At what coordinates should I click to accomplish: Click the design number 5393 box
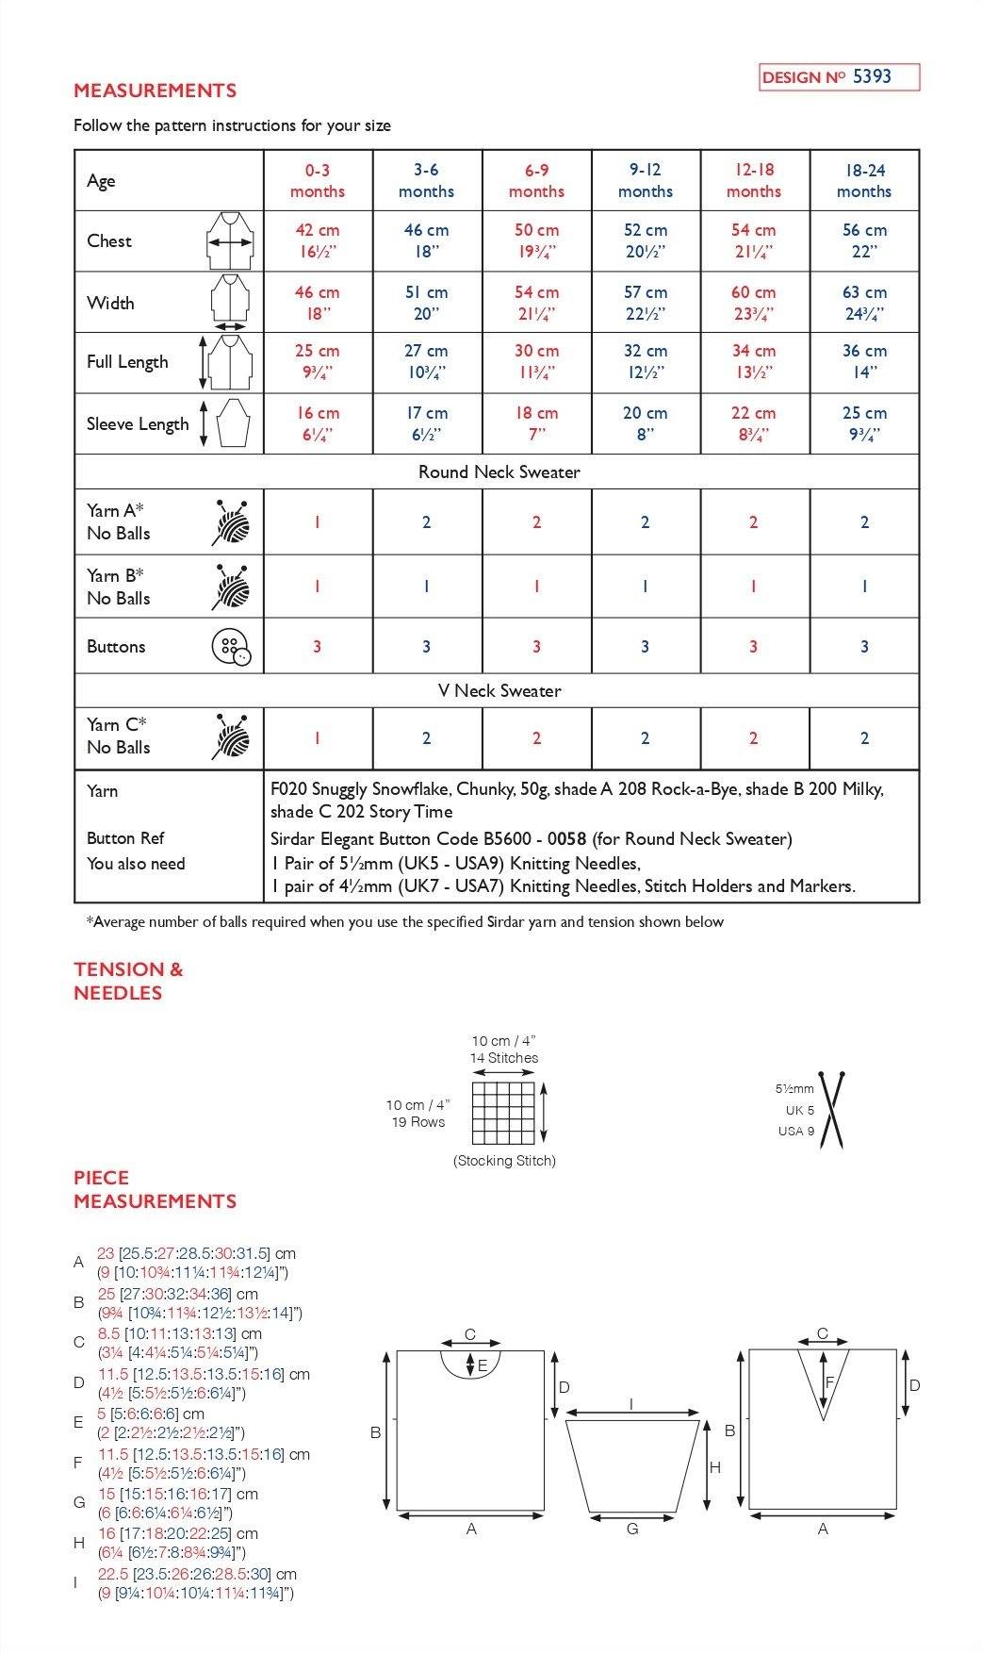click(x=839, y=77)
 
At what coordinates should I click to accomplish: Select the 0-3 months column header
click(x=318, y=180)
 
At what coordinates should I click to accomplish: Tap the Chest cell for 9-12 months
click(x=646, y=240)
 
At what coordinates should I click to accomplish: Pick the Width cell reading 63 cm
click(x=863, y=303)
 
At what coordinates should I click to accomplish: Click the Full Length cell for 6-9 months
click(x=536, y=362)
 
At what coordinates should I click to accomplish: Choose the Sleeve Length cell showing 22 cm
click(x=753, y=423)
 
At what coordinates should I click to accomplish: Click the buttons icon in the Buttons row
click(x=231, y=647)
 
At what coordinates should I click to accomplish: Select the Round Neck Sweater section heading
click(x=499, y=471)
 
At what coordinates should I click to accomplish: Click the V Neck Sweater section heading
click(x=499, y=690)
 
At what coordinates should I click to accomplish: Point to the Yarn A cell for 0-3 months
click(x=318, y=521)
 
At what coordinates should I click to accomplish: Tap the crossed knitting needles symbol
click(x=831, y=1110)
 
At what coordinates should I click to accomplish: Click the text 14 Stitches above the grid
click(x=504, y=1058)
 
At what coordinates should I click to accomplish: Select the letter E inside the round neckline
click(x=483, y=1365)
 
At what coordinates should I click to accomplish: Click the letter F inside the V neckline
click(x=829, y=1382)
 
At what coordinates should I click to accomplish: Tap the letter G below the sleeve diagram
click(x=632, y=1529)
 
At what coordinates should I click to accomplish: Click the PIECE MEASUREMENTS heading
click(x=155, y=1189)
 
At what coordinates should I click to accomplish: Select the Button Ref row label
click(x=125, y=838)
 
